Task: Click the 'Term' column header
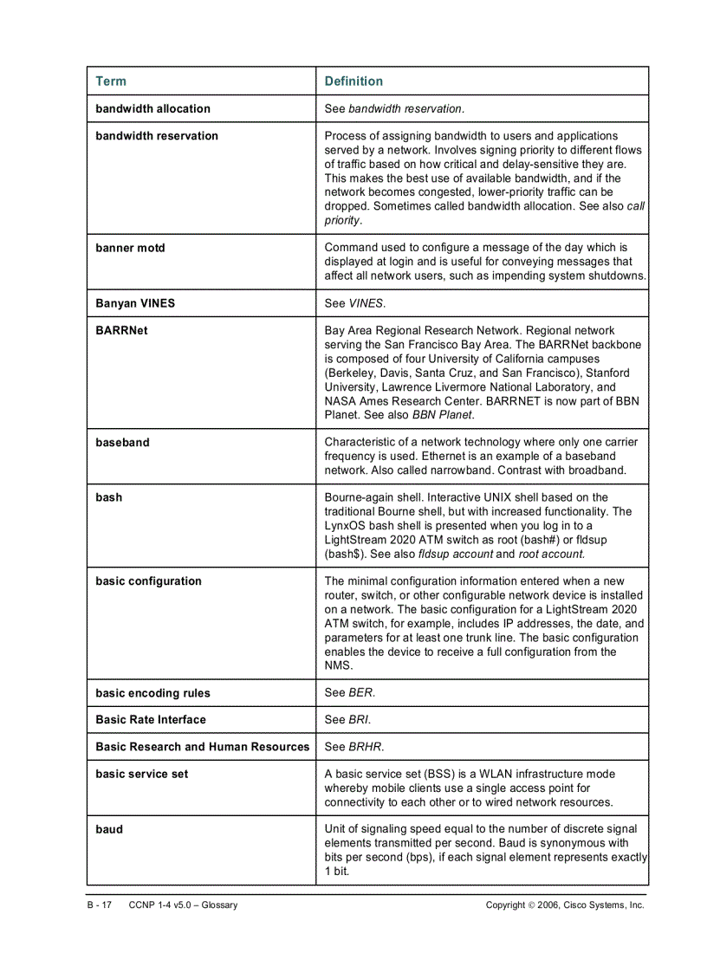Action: (110, 81)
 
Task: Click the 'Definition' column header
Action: (353, 81)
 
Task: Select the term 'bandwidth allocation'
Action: (152, 109)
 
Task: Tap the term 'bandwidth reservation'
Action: (157, 136)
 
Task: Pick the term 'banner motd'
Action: (130, 249)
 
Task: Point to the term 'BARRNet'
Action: (121, 331)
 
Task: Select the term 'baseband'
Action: (122, 443)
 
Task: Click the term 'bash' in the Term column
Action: (109, 498)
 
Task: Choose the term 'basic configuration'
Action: (148, 581)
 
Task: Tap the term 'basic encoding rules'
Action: (152, 693)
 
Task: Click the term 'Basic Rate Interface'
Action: (151, 720)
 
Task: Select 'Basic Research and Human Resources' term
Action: (202, 747)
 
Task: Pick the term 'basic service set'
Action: (141, 774)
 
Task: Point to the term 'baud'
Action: (109, 829)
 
